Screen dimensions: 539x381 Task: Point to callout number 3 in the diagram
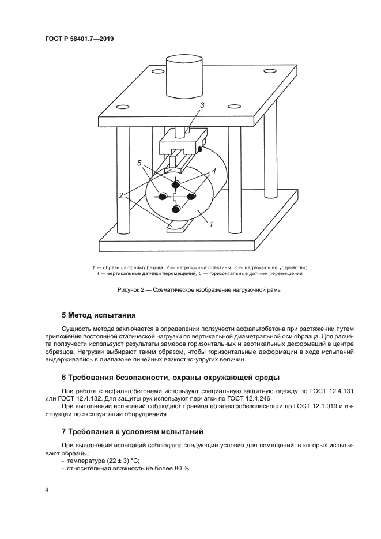tap(202, 105)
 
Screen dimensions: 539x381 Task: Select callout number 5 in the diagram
tap(139, 164)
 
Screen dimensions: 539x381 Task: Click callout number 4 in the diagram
tap(213, 171)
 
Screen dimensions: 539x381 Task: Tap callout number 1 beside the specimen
tap(211, 224)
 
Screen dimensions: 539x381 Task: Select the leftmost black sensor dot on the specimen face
tap(163, 197)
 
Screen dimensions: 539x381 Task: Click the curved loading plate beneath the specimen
tap(176, 229)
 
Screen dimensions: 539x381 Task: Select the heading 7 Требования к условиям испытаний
tap(132, 431)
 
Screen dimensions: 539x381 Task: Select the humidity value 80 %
tap(183, 468)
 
